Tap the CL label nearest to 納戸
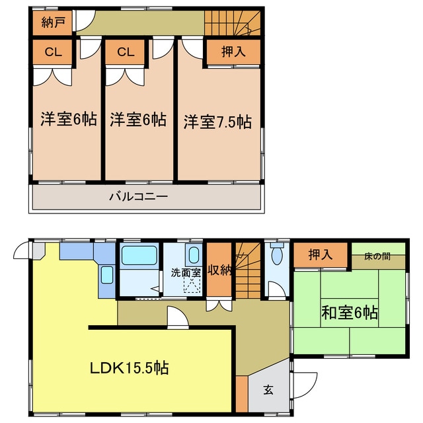tap(53, 52)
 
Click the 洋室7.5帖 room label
tap(217, 122)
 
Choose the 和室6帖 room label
tap(350, 311)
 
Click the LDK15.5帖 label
tap(130, 367)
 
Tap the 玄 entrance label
tap(268, 390)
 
